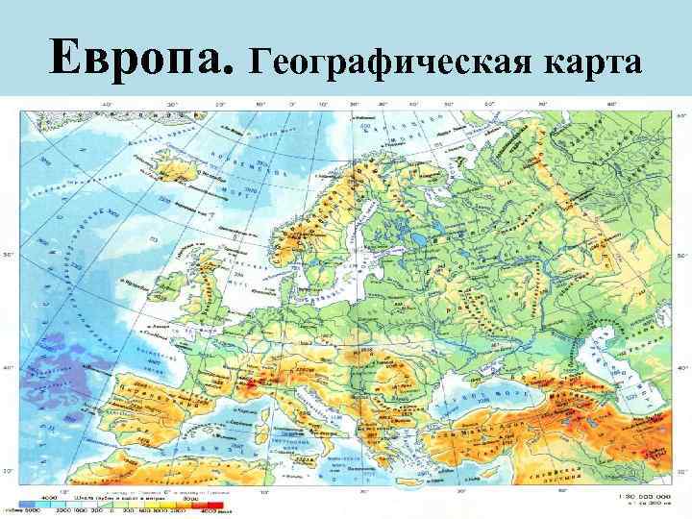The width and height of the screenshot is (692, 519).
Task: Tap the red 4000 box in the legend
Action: click(x=215, y=503)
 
